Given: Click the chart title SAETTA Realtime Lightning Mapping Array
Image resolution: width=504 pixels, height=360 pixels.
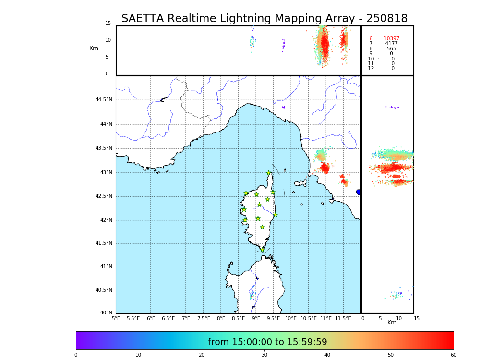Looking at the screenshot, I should click(x=264, y=19).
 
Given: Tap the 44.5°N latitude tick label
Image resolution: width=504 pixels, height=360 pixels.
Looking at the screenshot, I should click(x=104, y=100).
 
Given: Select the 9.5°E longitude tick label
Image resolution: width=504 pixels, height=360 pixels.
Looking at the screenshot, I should click(x=274, y=318).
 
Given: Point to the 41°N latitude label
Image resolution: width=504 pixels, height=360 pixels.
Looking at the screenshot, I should click(x=105, y=267).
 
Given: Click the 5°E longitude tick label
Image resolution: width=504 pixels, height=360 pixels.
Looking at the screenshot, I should click(x=116, y=318).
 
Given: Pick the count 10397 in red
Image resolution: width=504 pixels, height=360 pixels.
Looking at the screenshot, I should click(x=391, y=39).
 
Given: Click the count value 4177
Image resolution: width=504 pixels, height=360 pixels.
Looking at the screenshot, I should click(x=391, y=44).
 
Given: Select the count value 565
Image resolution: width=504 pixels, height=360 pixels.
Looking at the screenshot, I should click(x=391, y=49).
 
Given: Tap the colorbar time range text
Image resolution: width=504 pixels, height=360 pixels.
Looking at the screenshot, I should click(x=267, y=342).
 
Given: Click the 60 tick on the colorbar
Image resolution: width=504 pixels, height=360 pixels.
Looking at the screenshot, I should click(x=453, y=355).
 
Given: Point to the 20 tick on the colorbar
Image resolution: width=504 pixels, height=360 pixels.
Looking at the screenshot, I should click(x=202, y=355).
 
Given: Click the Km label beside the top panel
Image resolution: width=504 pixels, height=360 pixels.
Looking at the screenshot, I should click(x=94, y=48).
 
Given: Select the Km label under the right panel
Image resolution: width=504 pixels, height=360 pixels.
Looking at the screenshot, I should click(x=392, y=323).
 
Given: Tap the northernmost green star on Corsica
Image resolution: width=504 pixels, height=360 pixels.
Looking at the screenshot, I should click(x=269, y=173).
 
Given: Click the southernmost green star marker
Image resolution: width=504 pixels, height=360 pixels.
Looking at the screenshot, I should click(x=262, y=250).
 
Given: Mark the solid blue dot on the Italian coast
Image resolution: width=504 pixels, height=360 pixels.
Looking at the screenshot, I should click(x=359, y=192).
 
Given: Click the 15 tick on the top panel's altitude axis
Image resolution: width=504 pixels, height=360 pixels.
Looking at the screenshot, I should click(x=108, y=24).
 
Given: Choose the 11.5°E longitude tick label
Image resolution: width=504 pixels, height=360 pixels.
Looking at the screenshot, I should click(x=343, y=318).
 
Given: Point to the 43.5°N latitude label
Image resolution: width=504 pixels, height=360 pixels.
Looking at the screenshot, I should click(x=104, y=148).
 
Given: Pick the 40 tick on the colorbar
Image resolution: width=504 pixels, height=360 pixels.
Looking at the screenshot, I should click(x=327, y=355).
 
